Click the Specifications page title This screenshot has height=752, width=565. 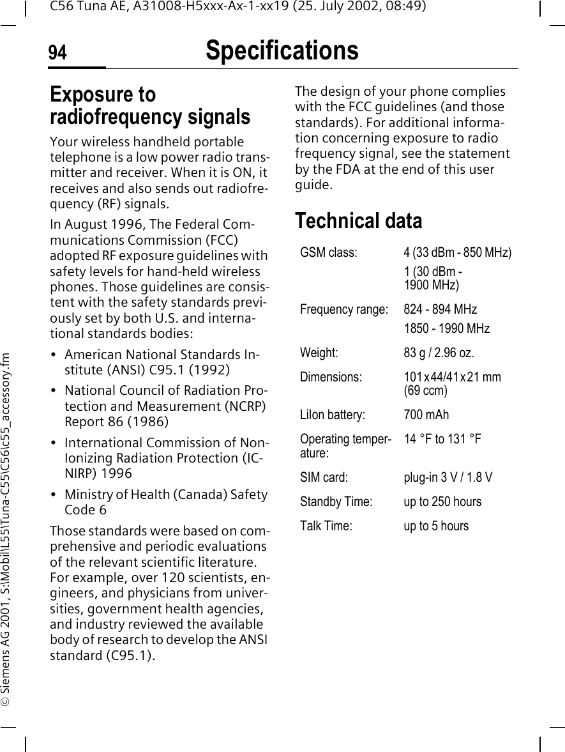(282, 50)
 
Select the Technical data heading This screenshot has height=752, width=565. (358, 221)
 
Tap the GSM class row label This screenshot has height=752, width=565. (328, 253)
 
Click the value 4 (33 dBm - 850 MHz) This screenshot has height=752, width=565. (457, 253)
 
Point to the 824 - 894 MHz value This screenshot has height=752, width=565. (440, 310)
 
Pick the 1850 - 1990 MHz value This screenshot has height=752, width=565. (446, 328)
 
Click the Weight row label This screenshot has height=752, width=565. (319, 353)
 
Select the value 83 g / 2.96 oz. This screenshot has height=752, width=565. (439, 353)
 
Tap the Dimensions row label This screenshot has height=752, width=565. (331, 377)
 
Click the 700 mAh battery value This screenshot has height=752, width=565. (426, 415)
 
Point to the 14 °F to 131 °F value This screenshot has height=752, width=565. (442, 439)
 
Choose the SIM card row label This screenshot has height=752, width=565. (324, 477)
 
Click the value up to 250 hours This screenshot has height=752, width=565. (442, 502)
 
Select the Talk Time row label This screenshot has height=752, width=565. (326, 526)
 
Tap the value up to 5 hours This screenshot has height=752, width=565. (436, 526)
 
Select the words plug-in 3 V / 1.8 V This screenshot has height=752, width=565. (448, 477)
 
